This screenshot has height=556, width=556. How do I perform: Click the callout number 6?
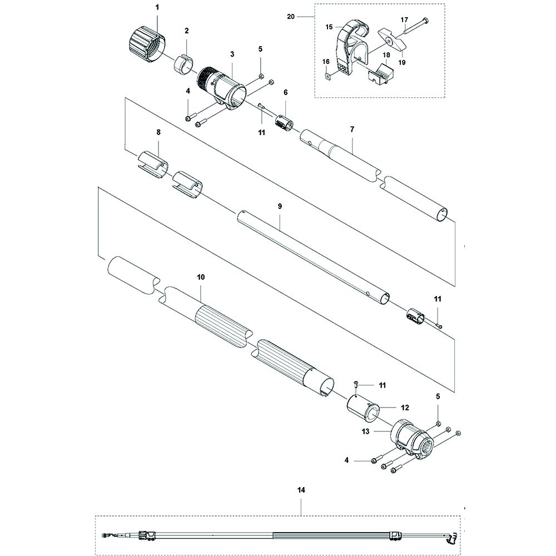[x=286, y=92]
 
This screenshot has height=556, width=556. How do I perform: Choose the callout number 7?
[x=352, y=129]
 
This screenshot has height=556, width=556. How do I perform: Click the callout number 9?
[x=280, y=206]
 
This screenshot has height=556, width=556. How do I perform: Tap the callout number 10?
[x=201, y=276]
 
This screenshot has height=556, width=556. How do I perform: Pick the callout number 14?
[x=301, y=490]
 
